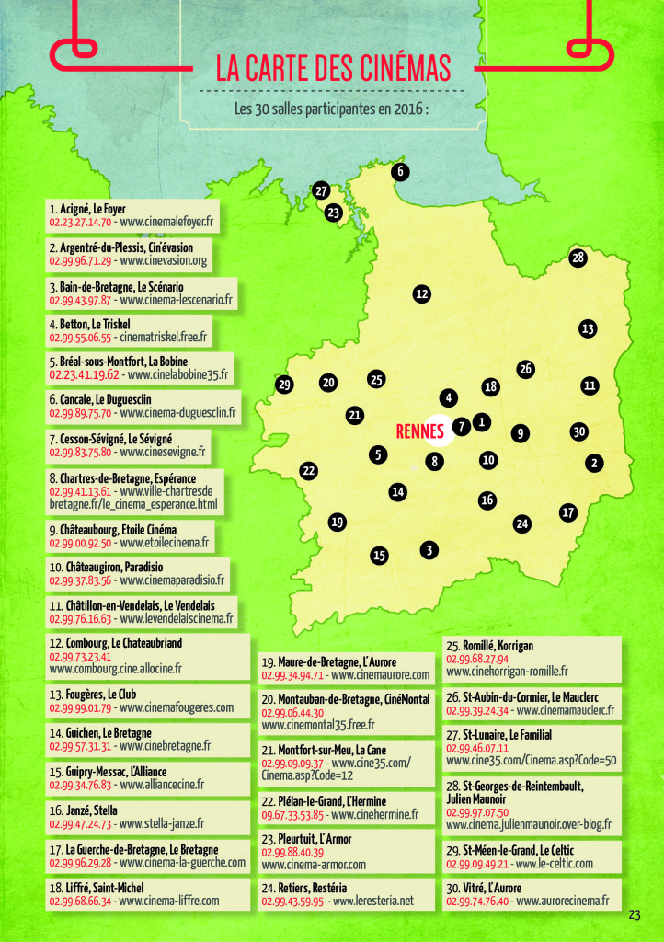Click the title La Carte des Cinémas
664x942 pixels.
point(333,69)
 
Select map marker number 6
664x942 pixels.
point(400,171)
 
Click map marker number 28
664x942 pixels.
point(578,258)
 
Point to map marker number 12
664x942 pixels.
point(422,294)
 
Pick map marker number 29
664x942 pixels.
point(284,385)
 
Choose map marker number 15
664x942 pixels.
point(379,555)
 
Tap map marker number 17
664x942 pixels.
point(567,511)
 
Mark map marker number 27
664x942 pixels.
point(320,190)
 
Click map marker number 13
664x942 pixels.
point(588,328)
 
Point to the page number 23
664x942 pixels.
point(635,914)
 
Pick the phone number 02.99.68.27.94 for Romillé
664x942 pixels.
point(477,659)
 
